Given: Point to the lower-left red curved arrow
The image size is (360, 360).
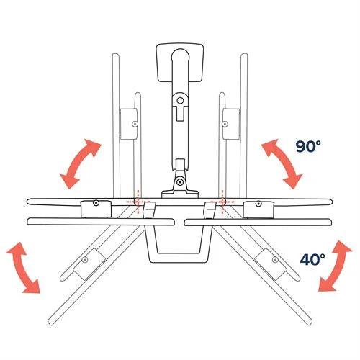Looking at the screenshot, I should tap(22, 266).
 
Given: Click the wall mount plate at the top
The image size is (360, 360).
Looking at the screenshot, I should tap(180, 61).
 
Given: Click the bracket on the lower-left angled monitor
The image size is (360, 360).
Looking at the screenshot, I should tap(88, 257).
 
